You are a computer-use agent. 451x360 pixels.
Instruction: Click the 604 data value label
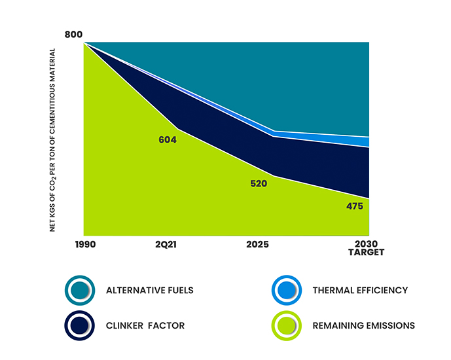click(168, 139)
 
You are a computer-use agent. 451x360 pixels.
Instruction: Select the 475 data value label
click(355, 207)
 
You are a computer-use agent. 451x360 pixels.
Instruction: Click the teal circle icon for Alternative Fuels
click(79, 290)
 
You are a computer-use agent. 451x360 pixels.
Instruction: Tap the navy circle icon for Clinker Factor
click(79, 325)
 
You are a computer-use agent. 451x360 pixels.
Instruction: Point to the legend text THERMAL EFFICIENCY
click(361, 291)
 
